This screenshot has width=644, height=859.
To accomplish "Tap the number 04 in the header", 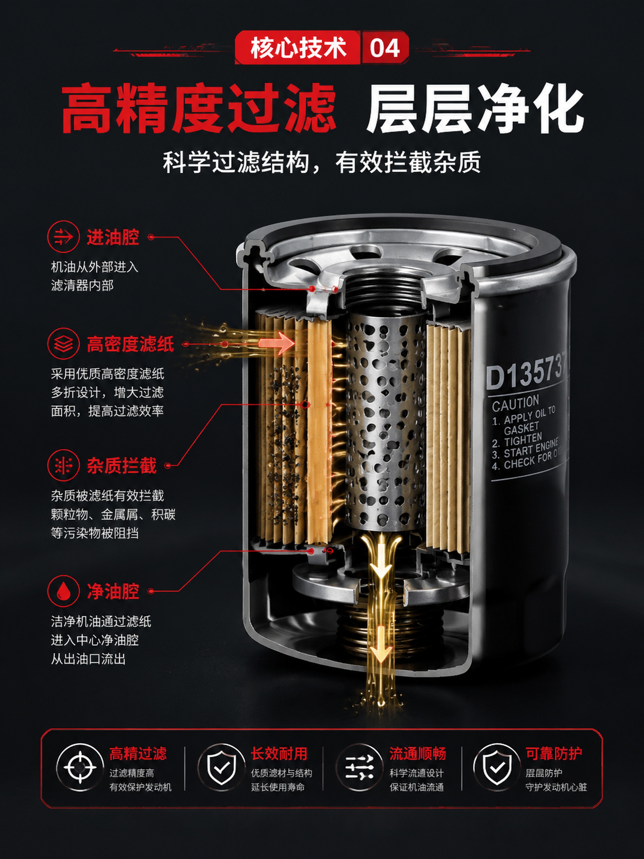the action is pos(384,48).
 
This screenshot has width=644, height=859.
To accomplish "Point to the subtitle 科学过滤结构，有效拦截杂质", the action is pos(322,162).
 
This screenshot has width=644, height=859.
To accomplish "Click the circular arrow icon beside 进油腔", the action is pos(63,237).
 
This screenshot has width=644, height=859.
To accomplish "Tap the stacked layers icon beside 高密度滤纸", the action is pos(63,344).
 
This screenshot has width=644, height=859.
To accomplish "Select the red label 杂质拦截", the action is pos(122,465).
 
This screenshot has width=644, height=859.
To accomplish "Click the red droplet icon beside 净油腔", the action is pos(63,591).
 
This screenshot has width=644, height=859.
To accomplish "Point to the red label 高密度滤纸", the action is pos(130,344).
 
